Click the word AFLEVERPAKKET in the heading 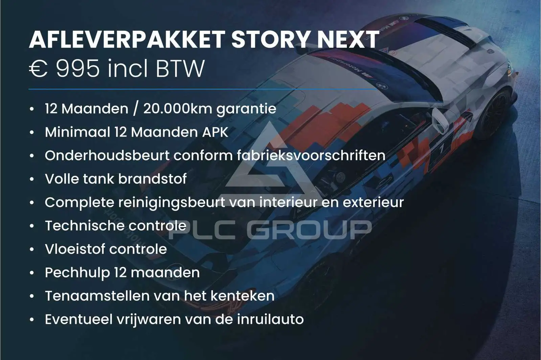127,40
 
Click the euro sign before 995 38,69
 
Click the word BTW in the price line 180,69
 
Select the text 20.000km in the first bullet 178,109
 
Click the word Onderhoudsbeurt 107,155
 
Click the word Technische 85,225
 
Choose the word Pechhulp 77,273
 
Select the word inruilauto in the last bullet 270,319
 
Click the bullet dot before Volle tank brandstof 32,179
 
